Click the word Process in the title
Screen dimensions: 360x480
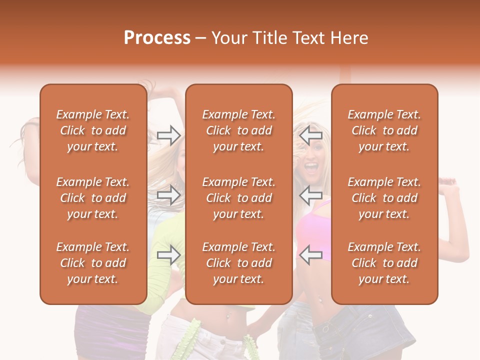coord(157,38)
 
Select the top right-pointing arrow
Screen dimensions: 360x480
coord(169,135)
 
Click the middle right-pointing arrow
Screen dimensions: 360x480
coord(169,195)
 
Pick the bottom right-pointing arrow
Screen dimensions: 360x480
coord(169,255)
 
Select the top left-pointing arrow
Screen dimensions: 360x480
coord(311,135)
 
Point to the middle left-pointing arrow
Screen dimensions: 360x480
coord(311,195)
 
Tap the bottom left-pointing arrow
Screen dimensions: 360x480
coord(311,255)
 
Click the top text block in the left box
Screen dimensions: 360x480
coord(93,130)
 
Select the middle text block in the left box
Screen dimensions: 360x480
coord(93,198)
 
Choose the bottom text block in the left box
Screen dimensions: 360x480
coord(93,263)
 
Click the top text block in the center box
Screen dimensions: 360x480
coord(239,130)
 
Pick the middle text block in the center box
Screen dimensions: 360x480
coord(239,198)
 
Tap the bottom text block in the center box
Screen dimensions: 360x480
coord(239,263)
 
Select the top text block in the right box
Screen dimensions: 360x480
coord(384,130)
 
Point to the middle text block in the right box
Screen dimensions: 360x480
coord(384,198)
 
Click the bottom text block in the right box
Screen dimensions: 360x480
coord(384,263)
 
